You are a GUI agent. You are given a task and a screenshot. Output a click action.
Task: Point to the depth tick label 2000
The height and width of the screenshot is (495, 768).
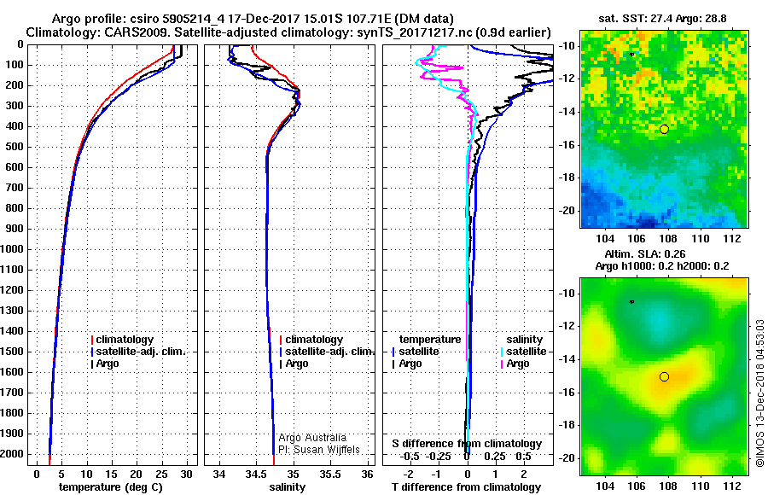point(12,454)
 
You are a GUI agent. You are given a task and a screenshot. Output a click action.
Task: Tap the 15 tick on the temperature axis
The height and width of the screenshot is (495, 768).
point(111,474)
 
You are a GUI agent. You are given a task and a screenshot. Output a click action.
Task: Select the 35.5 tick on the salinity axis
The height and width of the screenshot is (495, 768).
point(330,474)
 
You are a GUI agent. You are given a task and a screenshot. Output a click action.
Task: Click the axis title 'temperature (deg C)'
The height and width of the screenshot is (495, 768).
point(111,486)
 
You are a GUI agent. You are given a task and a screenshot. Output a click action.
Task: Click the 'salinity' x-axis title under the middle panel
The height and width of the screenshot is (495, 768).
point(287,486)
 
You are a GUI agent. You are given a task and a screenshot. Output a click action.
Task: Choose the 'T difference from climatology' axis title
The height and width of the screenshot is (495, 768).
point(466,486)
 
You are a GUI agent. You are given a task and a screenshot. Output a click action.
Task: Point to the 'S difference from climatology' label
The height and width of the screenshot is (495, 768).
point(467,444)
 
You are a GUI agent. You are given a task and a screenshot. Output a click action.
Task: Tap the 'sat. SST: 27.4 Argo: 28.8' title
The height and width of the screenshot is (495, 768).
point(662,19)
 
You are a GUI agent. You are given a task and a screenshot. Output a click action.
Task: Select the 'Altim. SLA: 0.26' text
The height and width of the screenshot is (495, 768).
point(645,253)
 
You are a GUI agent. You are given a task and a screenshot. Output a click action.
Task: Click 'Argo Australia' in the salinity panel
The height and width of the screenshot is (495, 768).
point(312,437)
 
